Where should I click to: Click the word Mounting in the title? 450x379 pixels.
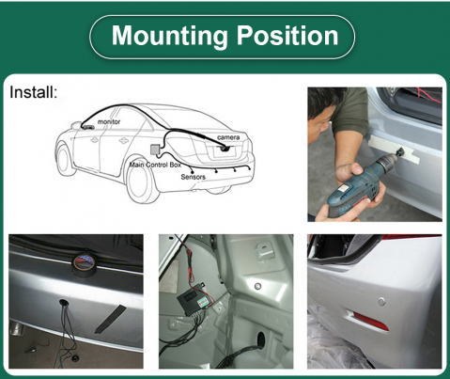[169, 36]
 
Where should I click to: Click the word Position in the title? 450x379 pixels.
[287, 35]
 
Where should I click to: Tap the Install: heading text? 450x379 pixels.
[34, 92]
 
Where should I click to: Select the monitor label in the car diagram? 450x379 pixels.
[109, 121]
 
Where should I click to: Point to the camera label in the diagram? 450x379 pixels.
[228, 137]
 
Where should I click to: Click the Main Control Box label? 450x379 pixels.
[155, 165]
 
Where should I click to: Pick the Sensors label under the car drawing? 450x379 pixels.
[193, 177]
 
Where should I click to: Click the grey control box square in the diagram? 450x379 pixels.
[155, 150]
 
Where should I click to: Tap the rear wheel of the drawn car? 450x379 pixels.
[141, 182]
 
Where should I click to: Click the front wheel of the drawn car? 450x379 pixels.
[66, 159]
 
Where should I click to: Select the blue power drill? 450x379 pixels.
[357, 185]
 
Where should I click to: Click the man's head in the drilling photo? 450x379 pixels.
[323, 113]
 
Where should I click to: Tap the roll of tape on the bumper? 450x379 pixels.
[85, 265]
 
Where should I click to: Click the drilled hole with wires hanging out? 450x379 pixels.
[64, 303]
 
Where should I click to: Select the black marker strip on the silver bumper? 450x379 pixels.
[110, 319]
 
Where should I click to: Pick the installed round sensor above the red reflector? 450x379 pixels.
[380, 302]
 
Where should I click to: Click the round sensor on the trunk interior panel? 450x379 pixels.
[257, 286]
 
